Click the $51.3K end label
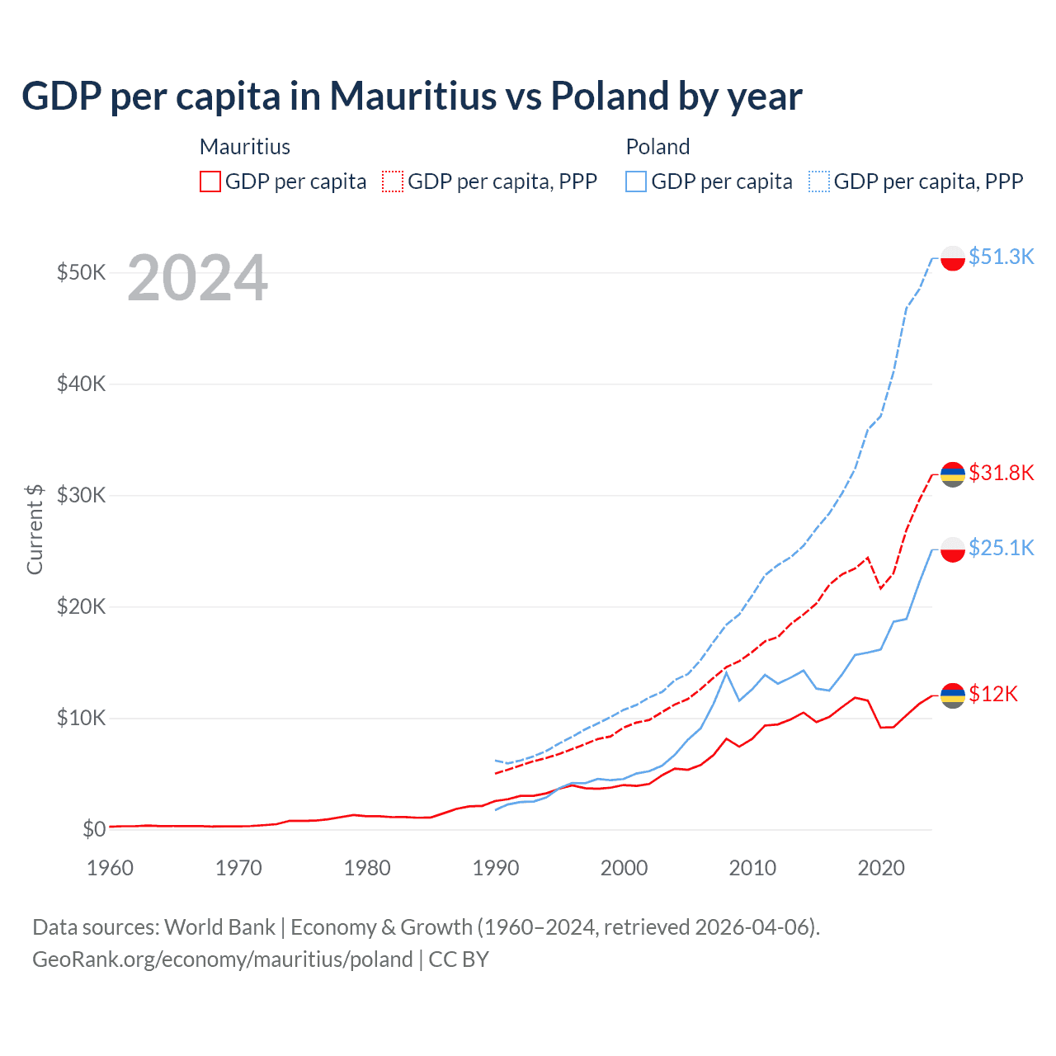(1001, 257)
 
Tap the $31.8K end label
(1001, 473)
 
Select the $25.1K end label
(1001, 548)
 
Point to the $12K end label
(992, 694)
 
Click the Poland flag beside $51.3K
(953, 258)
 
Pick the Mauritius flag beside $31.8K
(953, 474)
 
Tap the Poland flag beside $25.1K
(953, 549)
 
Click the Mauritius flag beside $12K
(953, 695)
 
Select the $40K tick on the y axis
(81, 384)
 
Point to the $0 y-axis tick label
(94, 829)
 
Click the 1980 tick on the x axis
(367, 868)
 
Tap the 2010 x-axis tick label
(752, 868)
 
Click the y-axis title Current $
(35, 529)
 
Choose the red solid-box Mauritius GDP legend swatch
(210, 181)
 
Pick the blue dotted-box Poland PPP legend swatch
(819, 181)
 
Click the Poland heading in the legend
(658, 147)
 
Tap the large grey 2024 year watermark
(197, 278)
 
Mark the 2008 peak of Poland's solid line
(726, 673)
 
